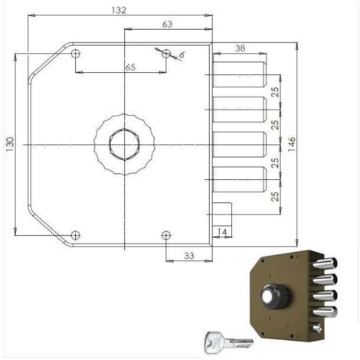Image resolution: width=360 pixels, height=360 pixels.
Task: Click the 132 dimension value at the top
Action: tap(119, 10)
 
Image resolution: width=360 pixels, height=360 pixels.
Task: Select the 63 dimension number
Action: tap(167, 25)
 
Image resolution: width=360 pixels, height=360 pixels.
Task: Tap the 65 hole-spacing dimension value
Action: tap(130, 67)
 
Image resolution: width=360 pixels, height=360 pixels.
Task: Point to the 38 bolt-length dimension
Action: tap(240, 48)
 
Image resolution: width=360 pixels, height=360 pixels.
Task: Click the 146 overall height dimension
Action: tap(291, 144)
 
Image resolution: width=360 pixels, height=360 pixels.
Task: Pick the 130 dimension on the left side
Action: tap(10, 145)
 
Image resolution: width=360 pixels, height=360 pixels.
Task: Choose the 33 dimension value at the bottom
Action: tap(188, 256)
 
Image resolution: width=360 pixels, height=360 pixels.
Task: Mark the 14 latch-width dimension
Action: tap(222, 232)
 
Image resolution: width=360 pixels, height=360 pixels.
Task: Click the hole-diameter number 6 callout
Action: tap(182, 54)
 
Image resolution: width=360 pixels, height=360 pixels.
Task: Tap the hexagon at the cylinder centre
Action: tap(124, 145)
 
